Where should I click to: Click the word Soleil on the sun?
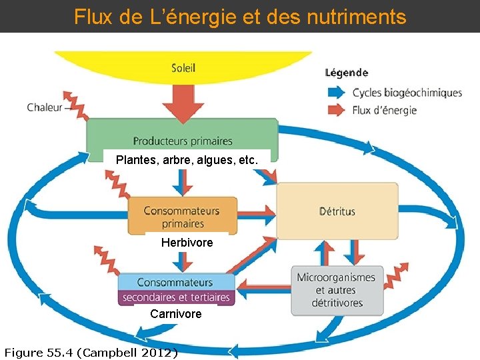183,67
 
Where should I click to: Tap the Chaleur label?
44,107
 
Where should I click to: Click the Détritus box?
337,211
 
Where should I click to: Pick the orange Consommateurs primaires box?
182,216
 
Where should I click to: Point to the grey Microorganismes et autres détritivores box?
337,290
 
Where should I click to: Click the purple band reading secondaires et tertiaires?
176,297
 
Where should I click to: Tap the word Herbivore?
187,243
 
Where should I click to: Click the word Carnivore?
175,313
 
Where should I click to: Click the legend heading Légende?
346,73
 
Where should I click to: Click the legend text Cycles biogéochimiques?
407,93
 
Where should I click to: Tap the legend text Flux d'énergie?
385,110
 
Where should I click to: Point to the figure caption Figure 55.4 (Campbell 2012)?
91,352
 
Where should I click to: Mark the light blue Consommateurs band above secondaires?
175,282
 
